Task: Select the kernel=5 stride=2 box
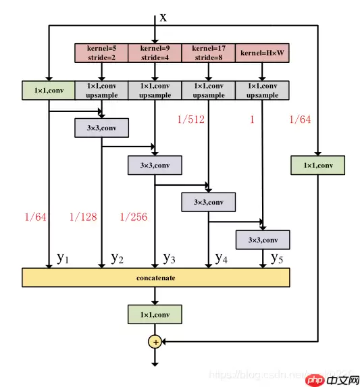tap(101, 53)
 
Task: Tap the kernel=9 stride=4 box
tap(155, 53)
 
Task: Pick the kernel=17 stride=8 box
tap(209, 53)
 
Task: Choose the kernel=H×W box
tap(262, 53)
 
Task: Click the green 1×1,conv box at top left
tap(47, 91)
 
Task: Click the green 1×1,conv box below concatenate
tap(155, 313)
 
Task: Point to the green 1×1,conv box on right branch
tap(317, 164)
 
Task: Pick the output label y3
tap(170, 257)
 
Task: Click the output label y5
tap(277, 257)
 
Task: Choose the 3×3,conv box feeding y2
tap(101, 128)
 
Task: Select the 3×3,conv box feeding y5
tap(262, 239)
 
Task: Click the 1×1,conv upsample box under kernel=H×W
tap(262, 91)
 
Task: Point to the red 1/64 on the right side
tap(301, 120)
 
